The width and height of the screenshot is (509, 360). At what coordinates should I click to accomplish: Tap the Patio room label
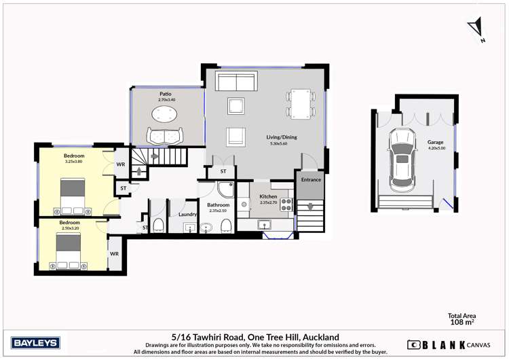pyautogui.click(x=165, y=94)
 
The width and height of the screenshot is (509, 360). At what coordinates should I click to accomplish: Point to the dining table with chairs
pyautogui.click(x=299, y=104)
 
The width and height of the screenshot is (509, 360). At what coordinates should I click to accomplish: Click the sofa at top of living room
pyautogui.click(x=236, y=82)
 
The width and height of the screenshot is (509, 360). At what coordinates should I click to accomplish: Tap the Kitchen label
pyautogui.click(x=269, y=196)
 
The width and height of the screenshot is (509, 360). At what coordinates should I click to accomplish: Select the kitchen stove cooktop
pyautogui.click(x=286, y=204)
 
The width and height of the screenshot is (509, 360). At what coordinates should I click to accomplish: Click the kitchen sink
pyautogui.click(x=265, y=224)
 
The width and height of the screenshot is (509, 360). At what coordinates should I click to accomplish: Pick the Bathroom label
pyautogui.click(x=219, y=204)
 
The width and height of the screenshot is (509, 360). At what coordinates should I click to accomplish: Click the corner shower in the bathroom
pyautogui.click(x=225, y=190)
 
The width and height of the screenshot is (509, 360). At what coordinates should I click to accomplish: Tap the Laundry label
pyautogui.click(x=187, y=215)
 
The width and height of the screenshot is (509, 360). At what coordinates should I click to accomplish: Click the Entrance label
pyautogui.click(x=311, y=179)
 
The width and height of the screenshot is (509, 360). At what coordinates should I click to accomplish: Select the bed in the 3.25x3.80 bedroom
pyautogui.click(x=73, y=196)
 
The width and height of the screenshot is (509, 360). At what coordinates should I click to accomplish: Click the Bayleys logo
pyautogui.click(x=35, y=342)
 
